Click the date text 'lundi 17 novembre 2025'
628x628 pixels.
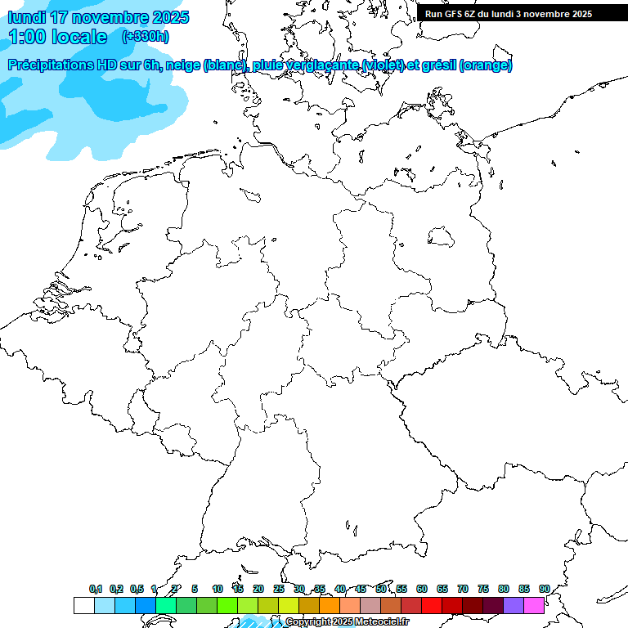[98, 17]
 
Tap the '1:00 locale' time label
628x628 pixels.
[57, 37]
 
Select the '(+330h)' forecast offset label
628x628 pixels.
[145, 37]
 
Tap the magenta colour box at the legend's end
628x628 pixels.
[534, 605]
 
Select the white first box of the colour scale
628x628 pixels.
[83, 605]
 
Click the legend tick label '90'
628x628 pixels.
[545, 589]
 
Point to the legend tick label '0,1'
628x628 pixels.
[96, 589]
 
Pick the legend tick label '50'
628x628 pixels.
[381, 589]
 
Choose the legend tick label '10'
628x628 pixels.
[218, 589]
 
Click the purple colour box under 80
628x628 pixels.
[514, 605]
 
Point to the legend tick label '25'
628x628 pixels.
[279, 589]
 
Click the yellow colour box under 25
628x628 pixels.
[289, 605]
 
